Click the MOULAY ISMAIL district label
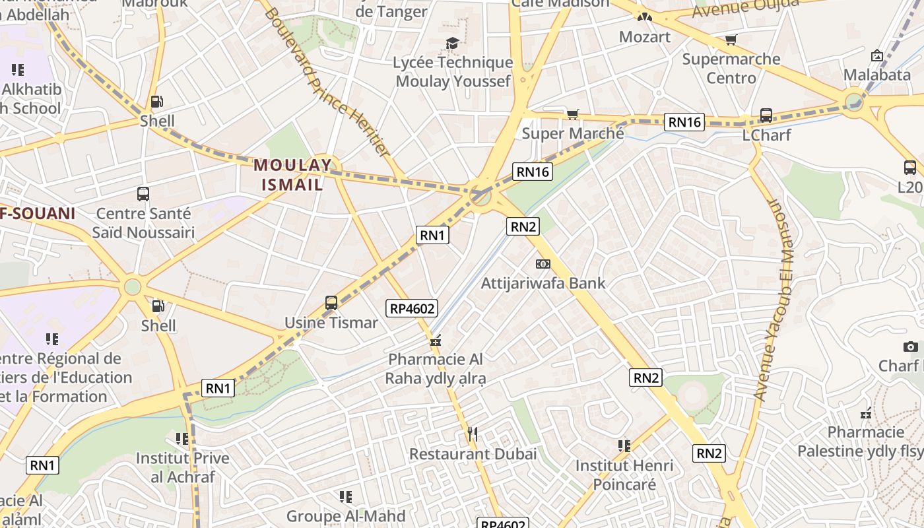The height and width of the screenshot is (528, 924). pyautogui.click(x=292, y=175)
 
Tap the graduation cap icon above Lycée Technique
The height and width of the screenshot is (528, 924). pyautogui.click(x=452, y=44)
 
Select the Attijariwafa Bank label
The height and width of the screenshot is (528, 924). pyautogui.click(x=543, y=283)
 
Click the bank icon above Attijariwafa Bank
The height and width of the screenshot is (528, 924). pyautogui.click(x=543, y=264)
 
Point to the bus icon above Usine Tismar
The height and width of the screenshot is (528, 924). pyautogui.click(x=331, y=303)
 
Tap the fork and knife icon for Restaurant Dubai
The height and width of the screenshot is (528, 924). pyautogui.click(x=472, y=434)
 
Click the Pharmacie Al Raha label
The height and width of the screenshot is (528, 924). pyautogui.click(x=435, y=369)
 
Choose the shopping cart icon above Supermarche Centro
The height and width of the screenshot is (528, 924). pyautogui.click(x=731, y=41)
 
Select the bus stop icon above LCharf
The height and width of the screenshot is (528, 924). pyautogui.click(x=766, y=115)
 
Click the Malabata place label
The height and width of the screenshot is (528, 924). pyautogui.click(x=877, y=75)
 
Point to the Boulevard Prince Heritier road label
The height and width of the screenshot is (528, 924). pyautogui.click(x=327, y=82)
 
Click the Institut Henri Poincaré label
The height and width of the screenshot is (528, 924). pyautogui.click(x=624, y=475)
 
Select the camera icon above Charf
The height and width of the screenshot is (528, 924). pyautogui.click(x=910, y=346)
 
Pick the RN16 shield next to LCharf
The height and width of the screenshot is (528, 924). pyautogui.click(x=684, y=121)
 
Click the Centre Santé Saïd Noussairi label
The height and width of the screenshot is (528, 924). pyautogui.click(x=143, y=223)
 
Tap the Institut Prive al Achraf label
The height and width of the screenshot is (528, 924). pyautogui.click(x=182, y=467)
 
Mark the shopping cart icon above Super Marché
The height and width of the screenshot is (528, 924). pyautogui.click(x=573, y=115)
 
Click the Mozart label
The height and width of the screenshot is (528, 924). pyautogui.click(x=645, y=37)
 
